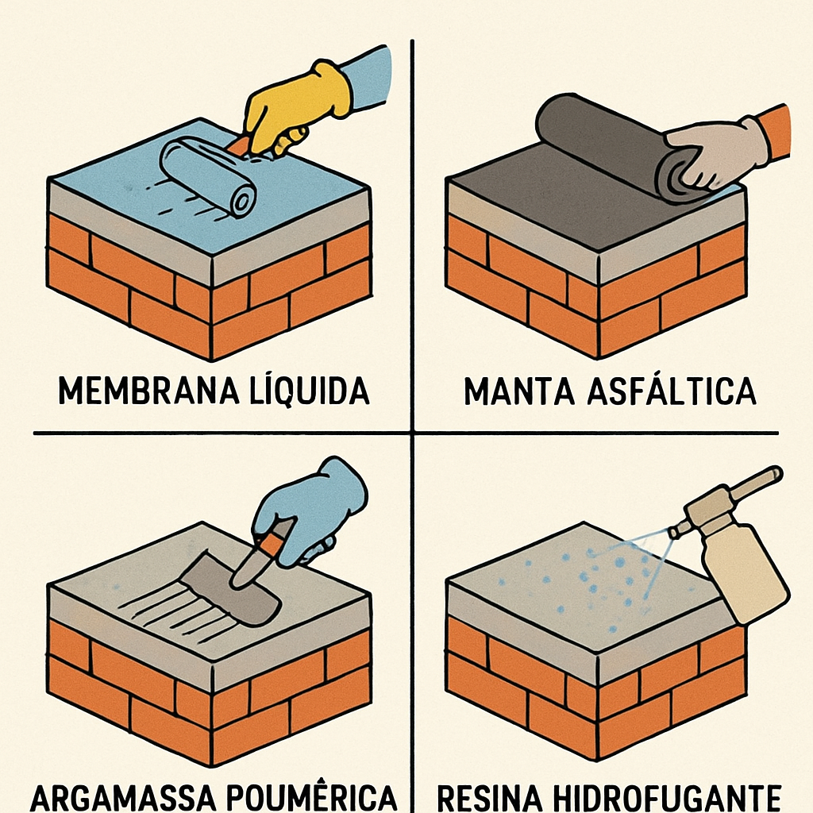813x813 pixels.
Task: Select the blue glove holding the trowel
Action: [314, 508]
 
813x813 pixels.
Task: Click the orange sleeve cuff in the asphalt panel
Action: [774, 131]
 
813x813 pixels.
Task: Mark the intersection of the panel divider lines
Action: [413, 433]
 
